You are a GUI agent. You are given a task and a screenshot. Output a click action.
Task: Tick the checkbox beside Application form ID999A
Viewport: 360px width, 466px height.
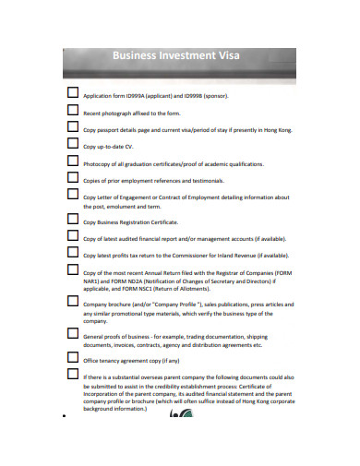click(x=73, y=93)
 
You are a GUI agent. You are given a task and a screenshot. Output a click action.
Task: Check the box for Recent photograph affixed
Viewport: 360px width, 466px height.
click(x=73, y=110)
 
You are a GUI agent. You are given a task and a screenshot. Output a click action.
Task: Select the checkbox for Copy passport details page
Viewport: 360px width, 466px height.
click(x=73, y=127)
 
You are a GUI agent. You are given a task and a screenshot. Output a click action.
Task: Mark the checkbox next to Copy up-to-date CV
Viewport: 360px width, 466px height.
click(x=73, y=144)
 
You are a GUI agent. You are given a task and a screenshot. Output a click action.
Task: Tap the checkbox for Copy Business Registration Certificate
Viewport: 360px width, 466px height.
click(x=73, y=220)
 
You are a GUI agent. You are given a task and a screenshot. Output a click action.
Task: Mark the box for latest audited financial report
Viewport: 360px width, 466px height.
click(x=73, y=237)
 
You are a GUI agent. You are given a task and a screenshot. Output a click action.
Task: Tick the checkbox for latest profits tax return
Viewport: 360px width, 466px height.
click(x=73, y=253)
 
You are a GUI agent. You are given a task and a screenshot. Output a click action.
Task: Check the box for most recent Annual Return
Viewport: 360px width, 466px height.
click(x=73, y=270)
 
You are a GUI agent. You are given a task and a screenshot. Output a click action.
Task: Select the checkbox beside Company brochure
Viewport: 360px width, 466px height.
click(x=73, y=301)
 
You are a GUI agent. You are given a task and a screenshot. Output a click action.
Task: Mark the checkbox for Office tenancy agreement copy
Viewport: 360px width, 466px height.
click(x=73, y=357)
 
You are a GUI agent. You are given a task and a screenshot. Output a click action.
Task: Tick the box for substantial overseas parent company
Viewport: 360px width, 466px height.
click(x=73, y=375)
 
